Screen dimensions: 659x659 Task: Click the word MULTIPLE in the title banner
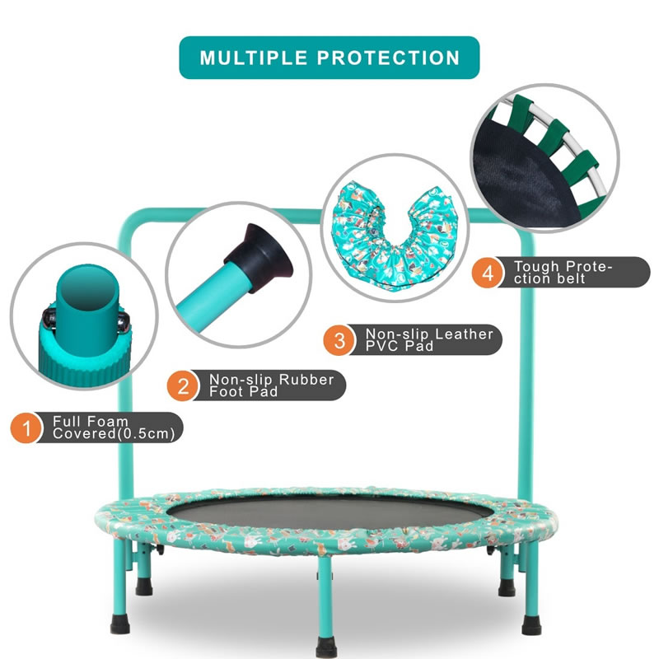pyautogui.click(x=254, y=58)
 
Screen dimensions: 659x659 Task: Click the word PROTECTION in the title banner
pyautogui.click(x=388, y=58)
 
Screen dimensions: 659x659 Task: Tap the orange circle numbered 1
pyautogui.click(x=26, y=428)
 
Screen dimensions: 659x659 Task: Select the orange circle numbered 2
pyautogui.click(x=183, y=386)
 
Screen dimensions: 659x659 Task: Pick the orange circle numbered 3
pyautogui.click(x=339, y=340)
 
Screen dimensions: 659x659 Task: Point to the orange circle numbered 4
pyautogui.click(x=488, y=273)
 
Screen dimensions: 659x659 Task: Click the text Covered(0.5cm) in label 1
pyautogui.click(x=114, y=434)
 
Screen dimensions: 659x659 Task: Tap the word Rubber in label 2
pyautogui.click(x=306, y=380)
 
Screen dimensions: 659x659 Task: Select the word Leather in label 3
pyautogui.click(x=465, y=334)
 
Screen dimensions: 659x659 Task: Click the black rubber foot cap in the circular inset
pyautogui.click(x=259, y=256)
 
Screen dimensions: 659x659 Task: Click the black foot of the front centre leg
pyautogui.click(x=326, y=647)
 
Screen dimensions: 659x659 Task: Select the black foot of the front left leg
pyautogui.click(x=120, y=624)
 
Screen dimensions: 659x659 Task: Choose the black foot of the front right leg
pyautogui.click(x=531, y=625)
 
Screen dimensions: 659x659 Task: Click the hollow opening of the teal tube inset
pyautogui.click(x=87, y=285)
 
